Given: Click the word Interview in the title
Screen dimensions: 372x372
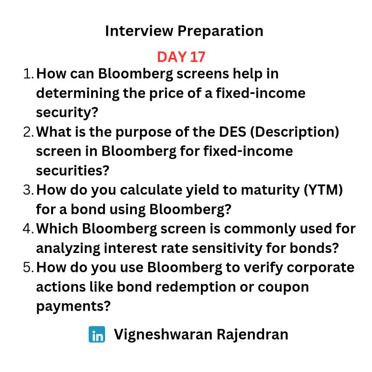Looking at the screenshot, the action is pyautogui.click(x=139, y=31).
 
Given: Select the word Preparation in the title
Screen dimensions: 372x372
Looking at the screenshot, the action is pyautogui.click(x=220, y=31).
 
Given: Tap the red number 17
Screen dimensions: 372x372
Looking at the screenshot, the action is pyautogui.click(x=198, y=57).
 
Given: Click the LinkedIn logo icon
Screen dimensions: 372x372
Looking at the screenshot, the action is pyautogui.click(x=97, y=334).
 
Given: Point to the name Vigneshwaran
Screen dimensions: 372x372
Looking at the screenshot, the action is pyautogui.click(x=163, y=335).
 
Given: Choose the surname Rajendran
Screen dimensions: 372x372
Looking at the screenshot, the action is pyautogui.click(x=252, y=334).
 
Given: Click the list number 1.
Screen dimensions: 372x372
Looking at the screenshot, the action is pyautogui.click(x=28, y=73).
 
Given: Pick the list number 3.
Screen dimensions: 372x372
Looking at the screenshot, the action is pyautogui.click(x=29, y=190).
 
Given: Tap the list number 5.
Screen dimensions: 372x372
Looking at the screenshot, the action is pyautogui.click(x=29, y=267).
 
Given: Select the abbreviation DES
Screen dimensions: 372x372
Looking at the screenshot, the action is pyautogui.click(x=232, y=132).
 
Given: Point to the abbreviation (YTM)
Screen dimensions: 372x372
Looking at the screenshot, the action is pyautogui.click(x=323, y=190).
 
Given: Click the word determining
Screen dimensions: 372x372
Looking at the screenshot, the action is pyautogui.click(x=77, y=94).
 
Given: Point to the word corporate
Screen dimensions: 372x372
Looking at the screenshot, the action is pyautogui.click(x=320, y=268).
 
